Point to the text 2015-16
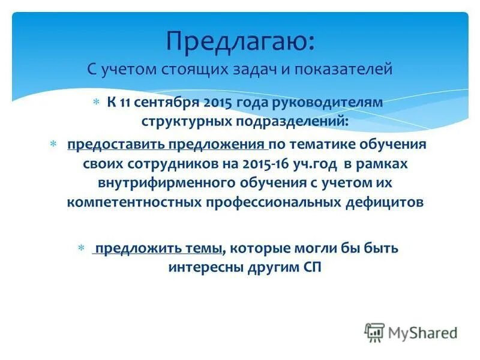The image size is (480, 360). (x=262, y=164)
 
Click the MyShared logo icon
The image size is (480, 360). (x=374, y=332)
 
